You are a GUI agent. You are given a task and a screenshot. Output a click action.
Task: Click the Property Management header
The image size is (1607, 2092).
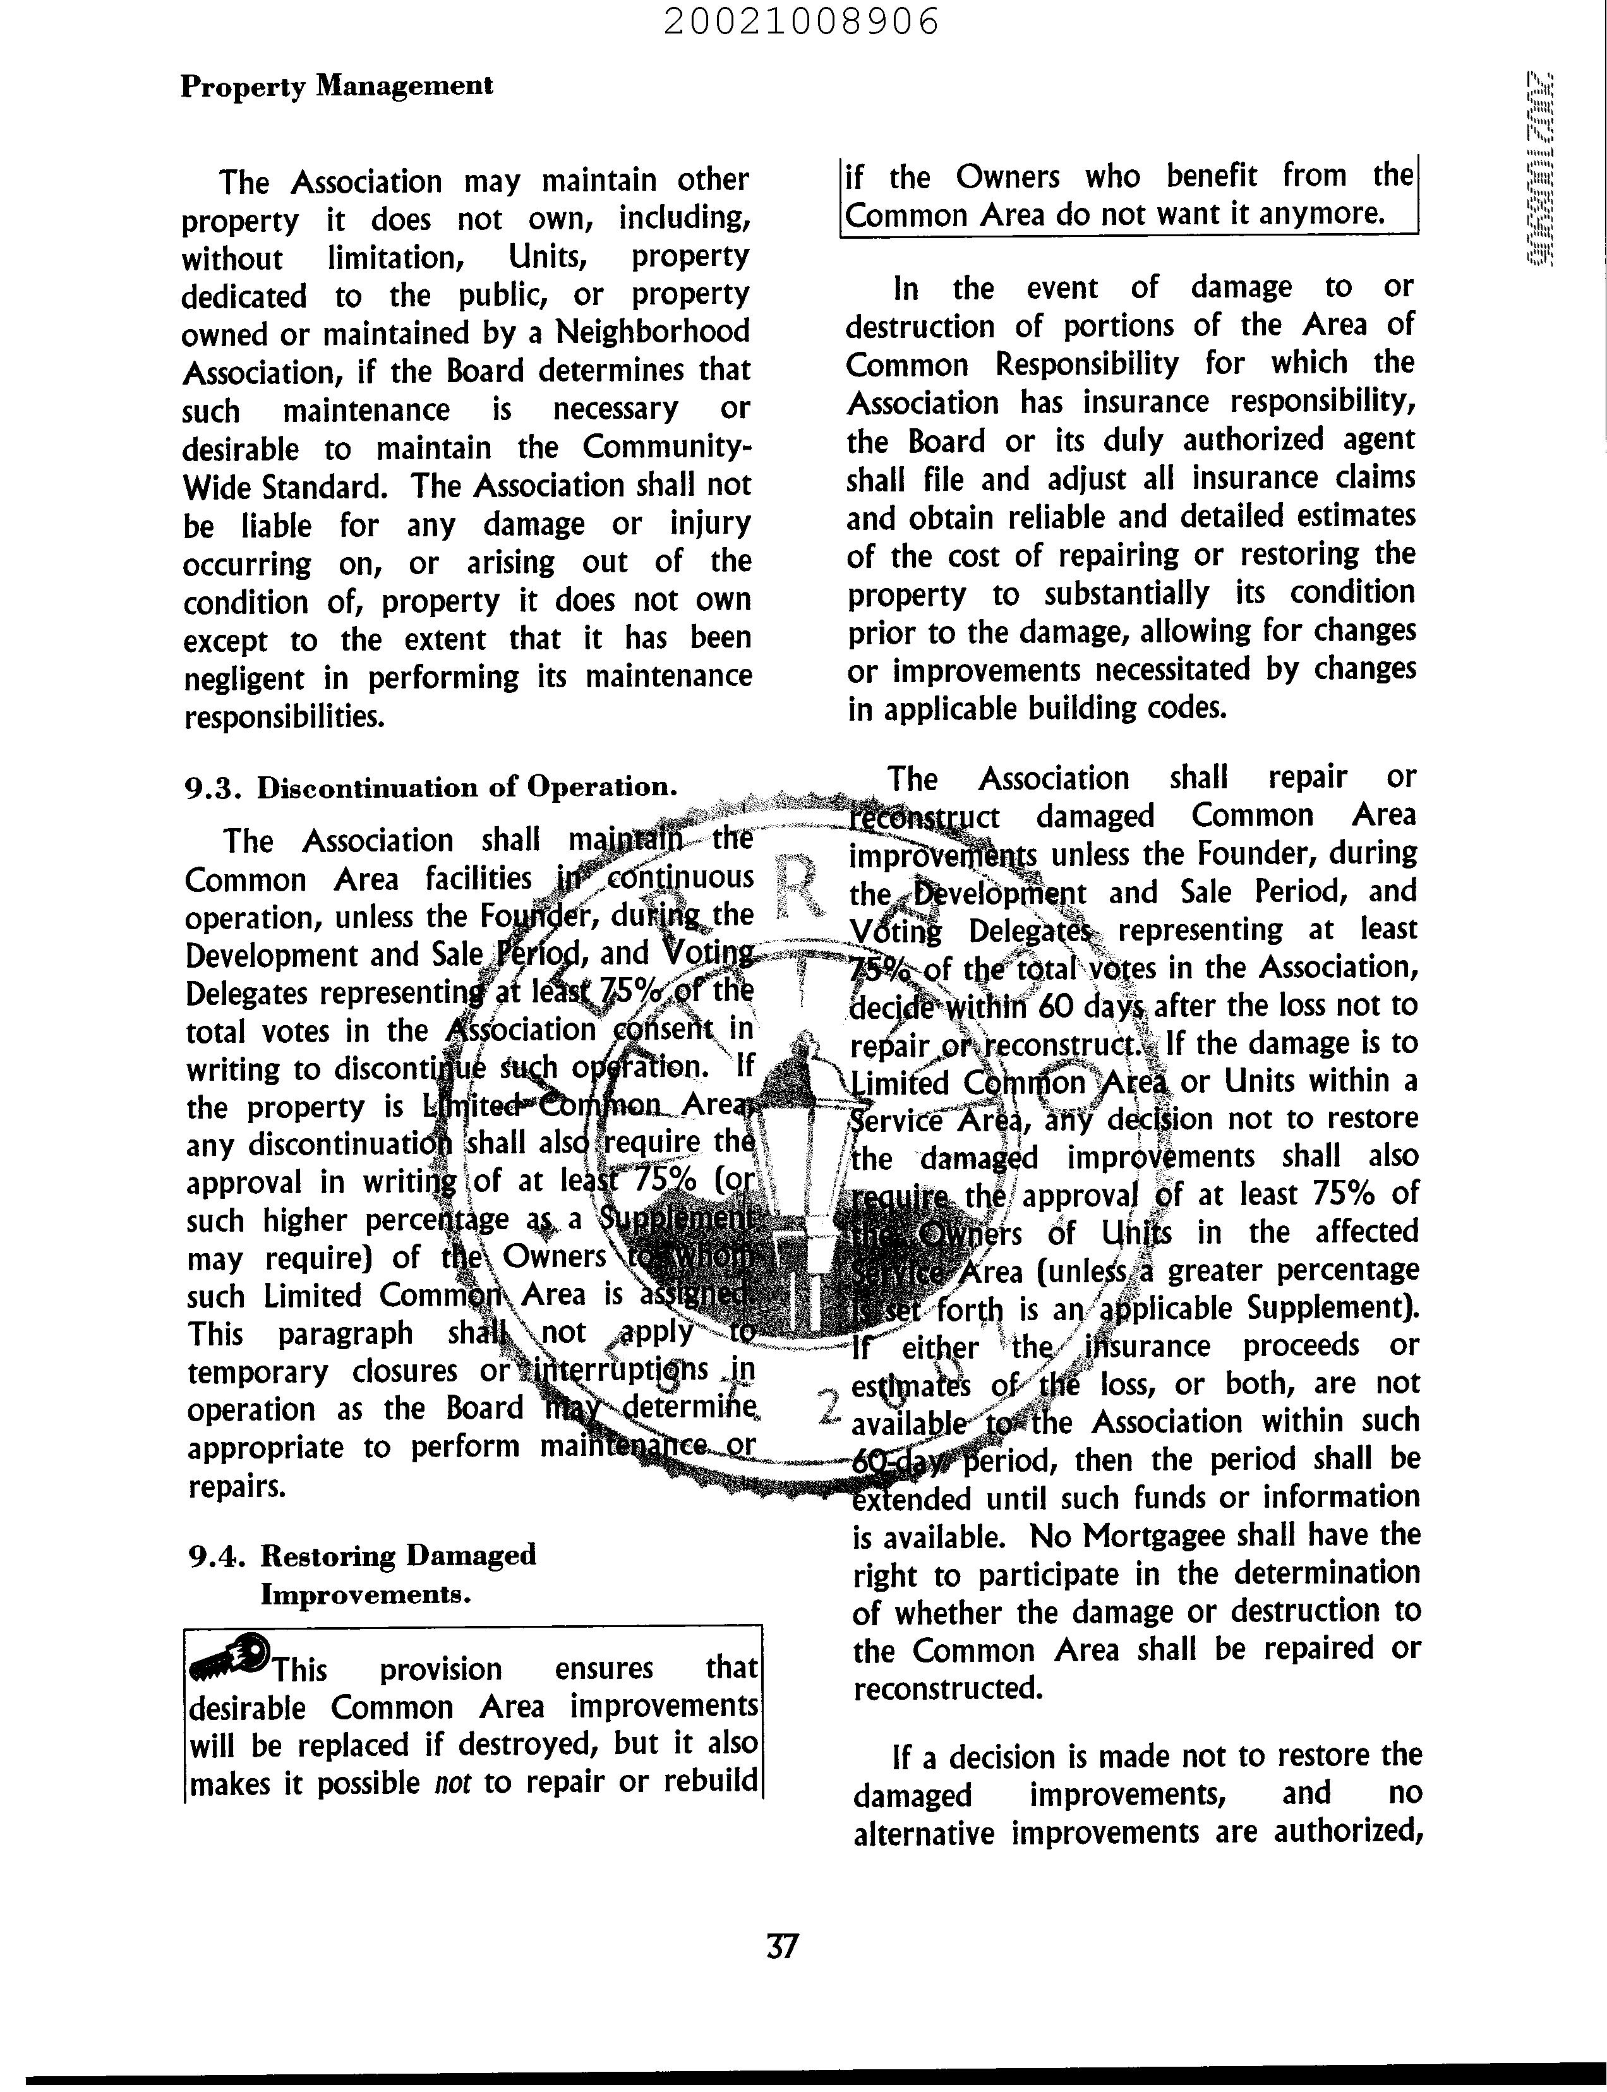[337, 86]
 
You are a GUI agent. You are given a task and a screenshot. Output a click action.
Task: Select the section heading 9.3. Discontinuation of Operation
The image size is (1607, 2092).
[430, 787]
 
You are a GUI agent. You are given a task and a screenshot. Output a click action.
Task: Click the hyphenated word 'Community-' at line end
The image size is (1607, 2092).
[666, 447]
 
